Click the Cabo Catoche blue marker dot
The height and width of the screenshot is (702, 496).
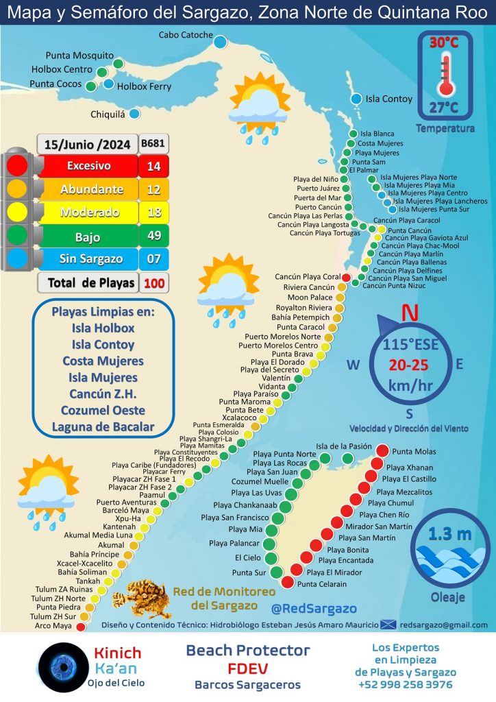pos(220,42)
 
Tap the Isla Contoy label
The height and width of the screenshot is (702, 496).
pos(389,99)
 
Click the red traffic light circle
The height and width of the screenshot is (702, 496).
pos(18,165)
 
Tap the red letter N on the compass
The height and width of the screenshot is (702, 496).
pos(410,313)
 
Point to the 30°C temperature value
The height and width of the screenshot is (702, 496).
pos(444,43)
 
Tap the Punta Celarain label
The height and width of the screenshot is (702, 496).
pos(322,584)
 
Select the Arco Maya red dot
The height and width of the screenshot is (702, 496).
pos(82,626)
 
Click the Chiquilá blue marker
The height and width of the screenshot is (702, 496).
pos(134,114)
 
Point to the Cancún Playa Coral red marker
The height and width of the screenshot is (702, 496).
pos(346,278)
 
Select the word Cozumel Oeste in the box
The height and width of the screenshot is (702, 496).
pos(103,410)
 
